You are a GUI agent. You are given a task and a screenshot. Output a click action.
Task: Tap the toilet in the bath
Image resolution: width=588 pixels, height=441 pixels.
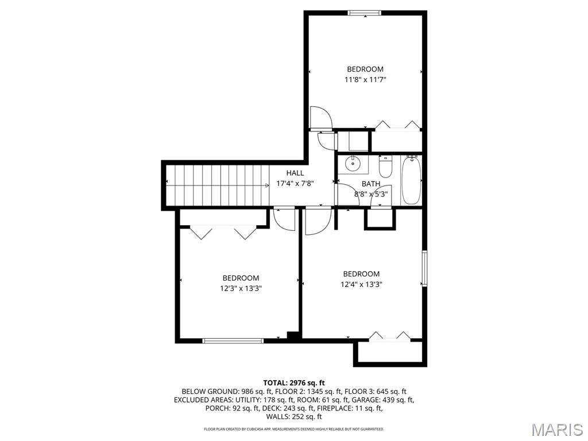coord(385,167)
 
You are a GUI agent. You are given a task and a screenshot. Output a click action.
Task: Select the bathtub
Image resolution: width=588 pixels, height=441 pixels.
coord(411,180)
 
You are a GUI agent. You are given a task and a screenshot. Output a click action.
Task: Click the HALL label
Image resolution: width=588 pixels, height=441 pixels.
coord(295,173)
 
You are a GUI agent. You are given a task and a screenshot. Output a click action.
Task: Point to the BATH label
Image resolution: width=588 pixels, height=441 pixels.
coord(371,184)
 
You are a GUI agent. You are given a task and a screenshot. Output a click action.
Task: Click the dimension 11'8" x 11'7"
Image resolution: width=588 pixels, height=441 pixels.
coord(365,79)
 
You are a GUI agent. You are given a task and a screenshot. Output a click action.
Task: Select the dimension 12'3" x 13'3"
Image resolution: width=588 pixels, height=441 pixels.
coord(241,288)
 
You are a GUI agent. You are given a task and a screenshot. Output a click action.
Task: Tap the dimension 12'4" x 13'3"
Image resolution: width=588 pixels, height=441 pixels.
coord(361,284)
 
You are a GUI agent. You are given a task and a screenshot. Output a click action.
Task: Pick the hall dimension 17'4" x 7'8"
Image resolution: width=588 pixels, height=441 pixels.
coord(295,184)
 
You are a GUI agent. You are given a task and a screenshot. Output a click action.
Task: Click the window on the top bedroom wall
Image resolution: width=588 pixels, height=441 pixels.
coord(365,13)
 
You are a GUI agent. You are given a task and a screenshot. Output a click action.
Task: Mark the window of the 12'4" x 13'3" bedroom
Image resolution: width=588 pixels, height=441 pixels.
coord(424,269)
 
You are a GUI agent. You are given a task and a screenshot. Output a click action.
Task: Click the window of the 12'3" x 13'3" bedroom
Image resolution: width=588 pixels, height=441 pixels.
coord(233,341)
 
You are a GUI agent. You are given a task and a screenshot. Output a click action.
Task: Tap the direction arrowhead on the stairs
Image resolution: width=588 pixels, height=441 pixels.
coord(266,185)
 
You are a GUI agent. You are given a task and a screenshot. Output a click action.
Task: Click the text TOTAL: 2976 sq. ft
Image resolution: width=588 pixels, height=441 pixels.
coord(294,383)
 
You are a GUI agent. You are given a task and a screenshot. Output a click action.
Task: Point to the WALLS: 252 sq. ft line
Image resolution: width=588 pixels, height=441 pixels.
coord(294,417)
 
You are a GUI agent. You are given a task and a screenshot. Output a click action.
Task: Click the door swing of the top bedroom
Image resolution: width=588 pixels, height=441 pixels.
coord(321,117)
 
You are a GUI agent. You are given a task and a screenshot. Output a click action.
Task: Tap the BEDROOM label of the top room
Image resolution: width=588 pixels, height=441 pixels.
coord(365,69)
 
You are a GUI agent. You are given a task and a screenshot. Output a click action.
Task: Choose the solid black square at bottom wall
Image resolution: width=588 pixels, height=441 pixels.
coord(292,336)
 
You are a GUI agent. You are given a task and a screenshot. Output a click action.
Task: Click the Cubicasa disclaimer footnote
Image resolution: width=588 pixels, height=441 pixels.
coord(294,429)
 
